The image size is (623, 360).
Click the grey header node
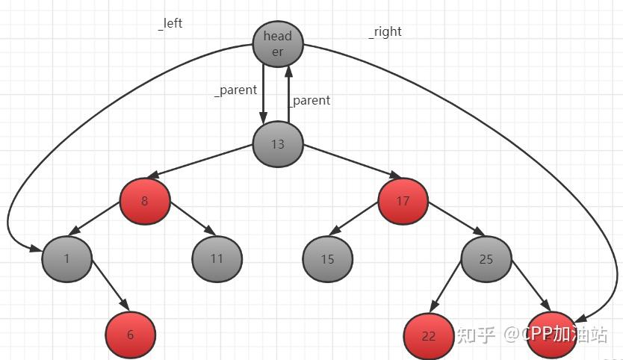[x=278, y=44]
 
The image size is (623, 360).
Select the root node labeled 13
[x=278, y=144]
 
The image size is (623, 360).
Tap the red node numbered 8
[x=145, y=201]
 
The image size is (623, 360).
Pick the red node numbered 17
[x=403, y=201]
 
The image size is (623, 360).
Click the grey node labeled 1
[x=66, y=258]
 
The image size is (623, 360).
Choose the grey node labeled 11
[x=217, y=259]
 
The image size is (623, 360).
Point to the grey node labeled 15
[x=327, y=259]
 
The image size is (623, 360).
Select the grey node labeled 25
[x=486, y=259]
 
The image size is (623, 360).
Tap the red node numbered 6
[x=130, y=335]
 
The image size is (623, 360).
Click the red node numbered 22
[x=428, y=336]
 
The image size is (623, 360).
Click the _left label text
[x=170, y=23]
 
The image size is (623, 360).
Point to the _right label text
[x=385, y=31]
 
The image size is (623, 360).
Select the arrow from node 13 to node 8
[x=209, y=165]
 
